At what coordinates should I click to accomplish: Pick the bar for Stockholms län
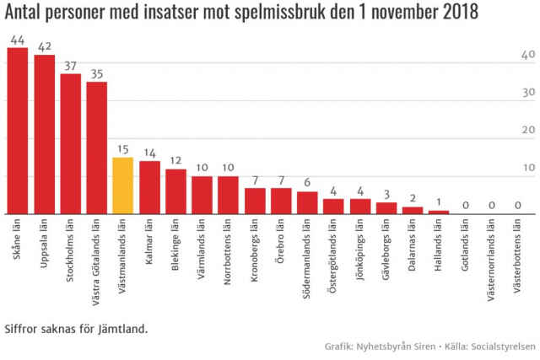point(70,143)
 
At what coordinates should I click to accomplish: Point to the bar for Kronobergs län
point(255,201)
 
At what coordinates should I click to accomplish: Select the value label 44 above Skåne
point(18,40)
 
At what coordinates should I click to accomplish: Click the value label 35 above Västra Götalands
point(96,74)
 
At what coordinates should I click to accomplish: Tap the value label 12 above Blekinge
point(175,161)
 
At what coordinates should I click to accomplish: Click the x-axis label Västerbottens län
point(518,256)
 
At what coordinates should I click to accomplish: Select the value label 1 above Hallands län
point(439,202)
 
